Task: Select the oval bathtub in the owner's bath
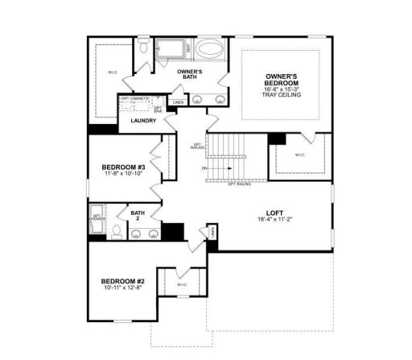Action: point(212,49)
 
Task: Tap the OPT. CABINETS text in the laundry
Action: point(134,98)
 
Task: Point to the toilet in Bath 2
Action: point(117,233)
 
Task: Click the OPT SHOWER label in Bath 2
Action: point(97,217)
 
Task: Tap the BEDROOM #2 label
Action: point(121,281)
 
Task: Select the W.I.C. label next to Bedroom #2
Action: point(182,284)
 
